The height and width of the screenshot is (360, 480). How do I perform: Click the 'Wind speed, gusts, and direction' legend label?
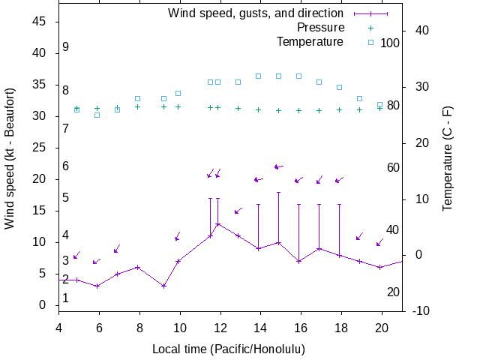coord(255,13)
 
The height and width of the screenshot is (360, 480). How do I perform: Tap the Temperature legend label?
coord(310,41)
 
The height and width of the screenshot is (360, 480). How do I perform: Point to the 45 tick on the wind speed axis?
coord(40,22)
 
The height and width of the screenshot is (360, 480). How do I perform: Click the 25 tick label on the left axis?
coord(40,148)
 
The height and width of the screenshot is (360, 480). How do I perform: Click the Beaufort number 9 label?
coord(66,47)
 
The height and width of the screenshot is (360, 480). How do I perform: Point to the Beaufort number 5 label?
coord(66,198)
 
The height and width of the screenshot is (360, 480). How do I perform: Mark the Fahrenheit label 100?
coord(390,43)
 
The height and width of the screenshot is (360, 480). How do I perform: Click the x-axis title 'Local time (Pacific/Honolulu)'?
coord(229,349)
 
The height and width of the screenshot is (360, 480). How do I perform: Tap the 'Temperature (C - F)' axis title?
coord(447,157)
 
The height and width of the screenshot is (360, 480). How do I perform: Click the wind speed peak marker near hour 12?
coord(218,223)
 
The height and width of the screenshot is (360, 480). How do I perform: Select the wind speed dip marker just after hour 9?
coord(163,286)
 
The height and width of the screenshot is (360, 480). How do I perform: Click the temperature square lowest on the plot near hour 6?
coord(97,115)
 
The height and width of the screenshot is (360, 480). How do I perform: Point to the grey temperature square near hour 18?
coord(339,87)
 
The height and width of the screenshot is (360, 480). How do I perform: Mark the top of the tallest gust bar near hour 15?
coord(278,192)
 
